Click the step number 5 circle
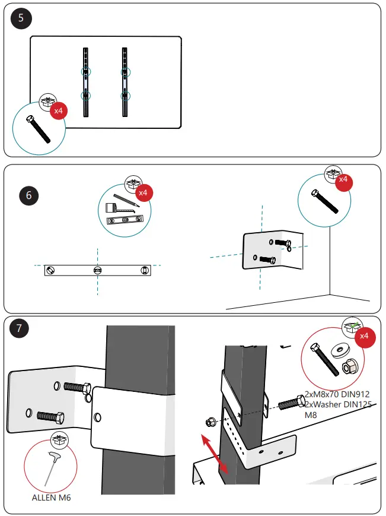click(x=21, y=18)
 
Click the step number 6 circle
click(x=28, y=195)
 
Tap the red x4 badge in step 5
click(x=58, y=111)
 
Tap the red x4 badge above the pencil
click(x=142, y=192)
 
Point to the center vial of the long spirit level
click(x=98, y=271)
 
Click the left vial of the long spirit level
click(x=52, y=271)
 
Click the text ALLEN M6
click(x=51, y=498)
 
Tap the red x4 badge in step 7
click(x=364, y=335)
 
